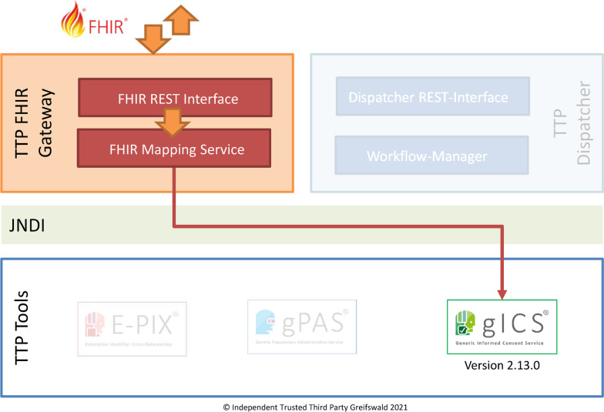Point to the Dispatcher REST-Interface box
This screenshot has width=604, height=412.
click(x=428, y=98)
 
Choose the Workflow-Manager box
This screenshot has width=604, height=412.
click(x=427, y=156)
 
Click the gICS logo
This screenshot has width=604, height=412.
click(x=502, y=327)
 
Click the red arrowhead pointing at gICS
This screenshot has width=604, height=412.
click(x=502, y=292)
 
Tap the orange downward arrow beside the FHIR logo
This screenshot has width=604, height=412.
click(x=153, y=36)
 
